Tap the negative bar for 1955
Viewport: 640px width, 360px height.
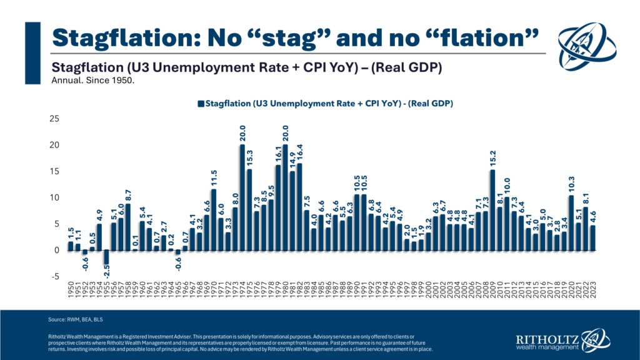106,257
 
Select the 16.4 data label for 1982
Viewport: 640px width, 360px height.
299,153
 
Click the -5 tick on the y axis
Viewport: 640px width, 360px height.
56,276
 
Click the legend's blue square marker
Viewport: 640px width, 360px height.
200,102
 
